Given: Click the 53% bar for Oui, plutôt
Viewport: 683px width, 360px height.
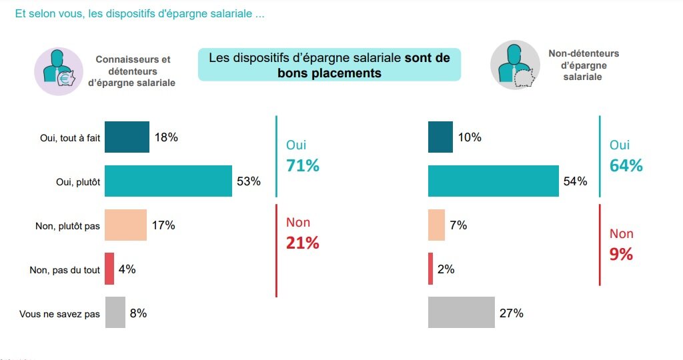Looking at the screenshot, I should [x=168, y=181].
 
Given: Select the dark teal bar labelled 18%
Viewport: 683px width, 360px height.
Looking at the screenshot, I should [x=127, y=137].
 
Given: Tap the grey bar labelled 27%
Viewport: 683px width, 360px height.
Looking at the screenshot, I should [x=461, y=313].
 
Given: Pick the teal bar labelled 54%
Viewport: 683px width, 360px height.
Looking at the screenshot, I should [x=493, y=181].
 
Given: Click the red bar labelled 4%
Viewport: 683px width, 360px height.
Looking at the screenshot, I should [x=109, y=269].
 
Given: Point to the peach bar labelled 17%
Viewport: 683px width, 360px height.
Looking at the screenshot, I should [x=125, y=225].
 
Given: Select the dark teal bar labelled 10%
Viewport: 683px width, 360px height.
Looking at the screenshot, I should [x=440, y=137].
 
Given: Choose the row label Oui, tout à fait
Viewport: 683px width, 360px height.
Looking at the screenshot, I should [x=70, y=138].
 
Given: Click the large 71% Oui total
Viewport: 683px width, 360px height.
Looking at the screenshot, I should [x=302, y=166].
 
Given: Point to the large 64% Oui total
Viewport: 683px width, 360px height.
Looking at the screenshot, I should [x=626, y=166].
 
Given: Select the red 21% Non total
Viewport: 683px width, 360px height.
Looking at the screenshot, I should [x=302, y=243].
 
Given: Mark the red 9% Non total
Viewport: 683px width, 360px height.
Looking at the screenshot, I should [x=621, y=254].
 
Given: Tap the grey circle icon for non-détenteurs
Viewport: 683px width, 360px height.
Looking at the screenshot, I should [x=515, y=65].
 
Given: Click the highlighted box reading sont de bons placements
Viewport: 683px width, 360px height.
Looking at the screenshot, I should [x=329, y=65].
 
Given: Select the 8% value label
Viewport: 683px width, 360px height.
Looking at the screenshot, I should [x=138, y=313].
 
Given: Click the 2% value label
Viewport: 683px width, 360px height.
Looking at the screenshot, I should [x=446, y=269].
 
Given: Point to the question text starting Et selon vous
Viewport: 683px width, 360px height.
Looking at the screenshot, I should [x=139, y=14].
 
